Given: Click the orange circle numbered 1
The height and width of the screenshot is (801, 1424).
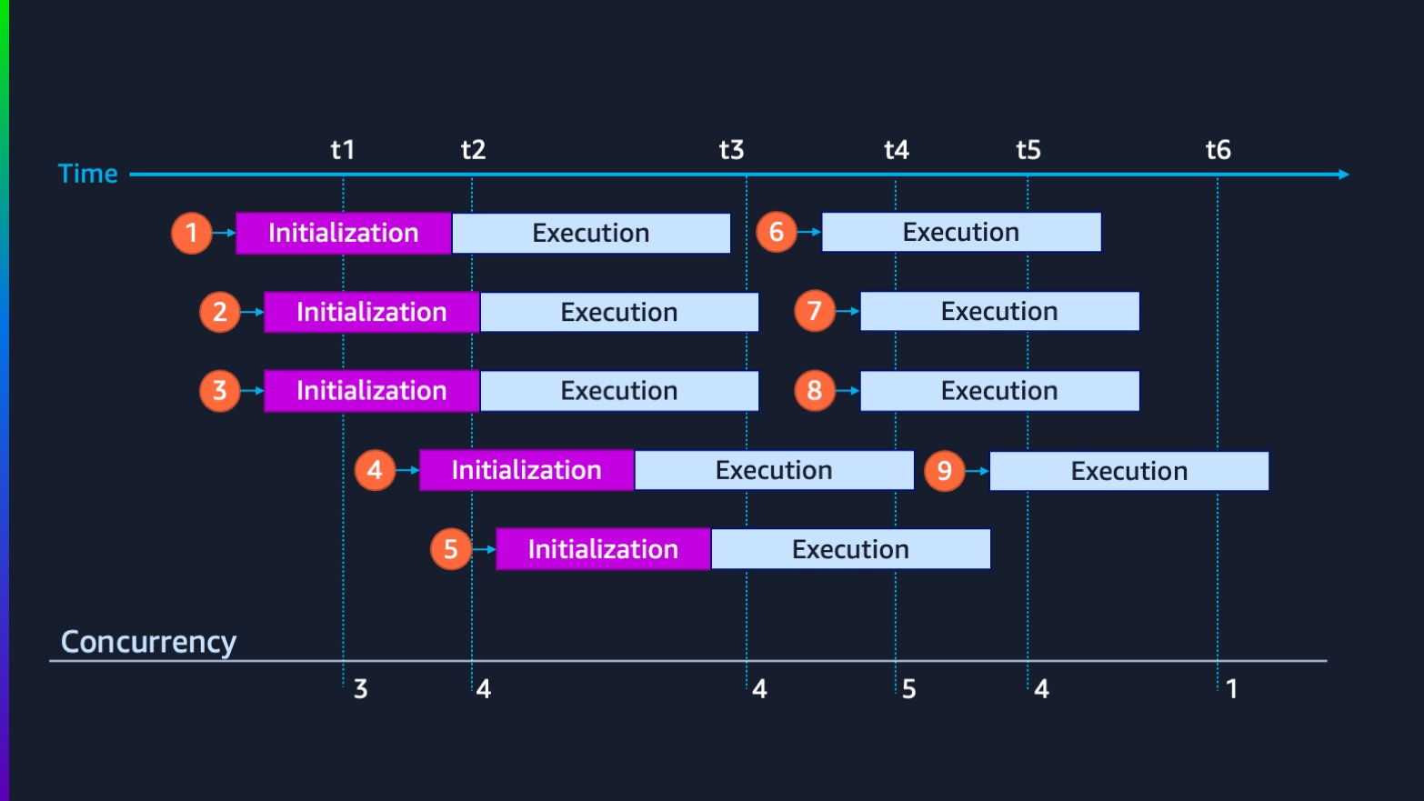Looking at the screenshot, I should point(192,233).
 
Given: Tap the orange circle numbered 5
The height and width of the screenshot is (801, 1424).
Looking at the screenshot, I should point(451,549).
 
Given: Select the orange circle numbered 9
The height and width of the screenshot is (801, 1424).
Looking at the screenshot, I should point(945,471).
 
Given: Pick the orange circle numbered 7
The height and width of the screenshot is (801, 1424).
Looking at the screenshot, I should point(815,312).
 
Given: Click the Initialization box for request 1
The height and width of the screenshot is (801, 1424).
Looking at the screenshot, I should point(344,233).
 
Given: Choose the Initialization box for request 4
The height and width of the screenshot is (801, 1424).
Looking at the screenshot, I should point(526,470).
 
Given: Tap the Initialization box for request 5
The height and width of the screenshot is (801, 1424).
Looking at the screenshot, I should point(603,549).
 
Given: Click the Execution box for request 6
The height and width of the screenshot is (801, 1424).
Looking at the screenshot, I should point(961,233).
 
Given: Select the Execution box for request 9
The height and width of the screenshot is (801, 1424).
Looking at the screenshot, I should point(1128,471).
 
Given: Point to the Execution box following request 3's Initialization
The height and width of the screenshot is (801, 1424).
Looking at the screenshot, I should point(619,391).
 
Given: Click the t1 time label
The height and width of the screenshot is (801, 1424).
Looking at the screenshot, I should point(343,150).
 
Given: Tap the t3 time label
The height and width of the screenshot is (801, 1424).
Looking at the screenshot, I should point(731,150).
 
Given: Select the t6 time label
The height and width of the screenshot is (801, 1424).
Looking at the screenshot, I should point(1218,150).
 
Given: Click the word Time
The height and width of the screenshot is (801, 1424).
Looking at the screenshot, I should point(88,174).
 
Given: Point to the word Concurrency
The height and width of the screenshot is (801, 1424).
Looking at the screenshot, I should point(148,642).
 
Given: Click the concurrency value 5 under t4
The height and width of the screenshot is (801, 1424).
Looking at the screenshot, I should point(908,689).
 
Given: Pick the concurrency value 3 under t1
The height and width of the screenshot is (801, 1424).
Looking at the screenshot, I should point(360,689).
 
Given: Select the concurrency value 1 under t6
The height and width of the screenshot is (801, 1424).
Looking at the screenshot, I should point(1231,689).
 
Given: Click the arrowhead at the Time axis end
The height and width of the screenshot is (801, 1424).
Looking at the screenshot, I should point(1344,174).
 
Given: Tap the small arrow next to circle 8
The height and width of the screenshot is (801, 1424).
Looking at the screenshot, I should point(848,391).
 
